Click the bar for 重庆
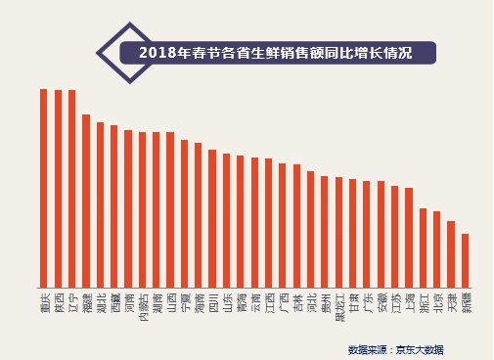click(x=44, y=187)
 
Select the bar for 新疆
click(x=465, y=259)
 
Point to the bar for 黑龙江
click(x=338, y=231)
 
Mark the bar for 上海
click(x=409, y=236)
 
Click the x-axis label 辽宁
click(x=71, y=299)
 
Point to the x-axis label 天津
click(x=451, y=299)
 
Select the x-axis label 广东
click(x=367, y=299)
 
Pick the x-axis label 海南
click(x=198, y=299)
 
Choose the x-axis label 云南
click(x=254, y=299)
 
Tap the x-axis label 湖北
click(x=100, y=299)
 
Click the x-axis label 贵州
click(x=325, y=299)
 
